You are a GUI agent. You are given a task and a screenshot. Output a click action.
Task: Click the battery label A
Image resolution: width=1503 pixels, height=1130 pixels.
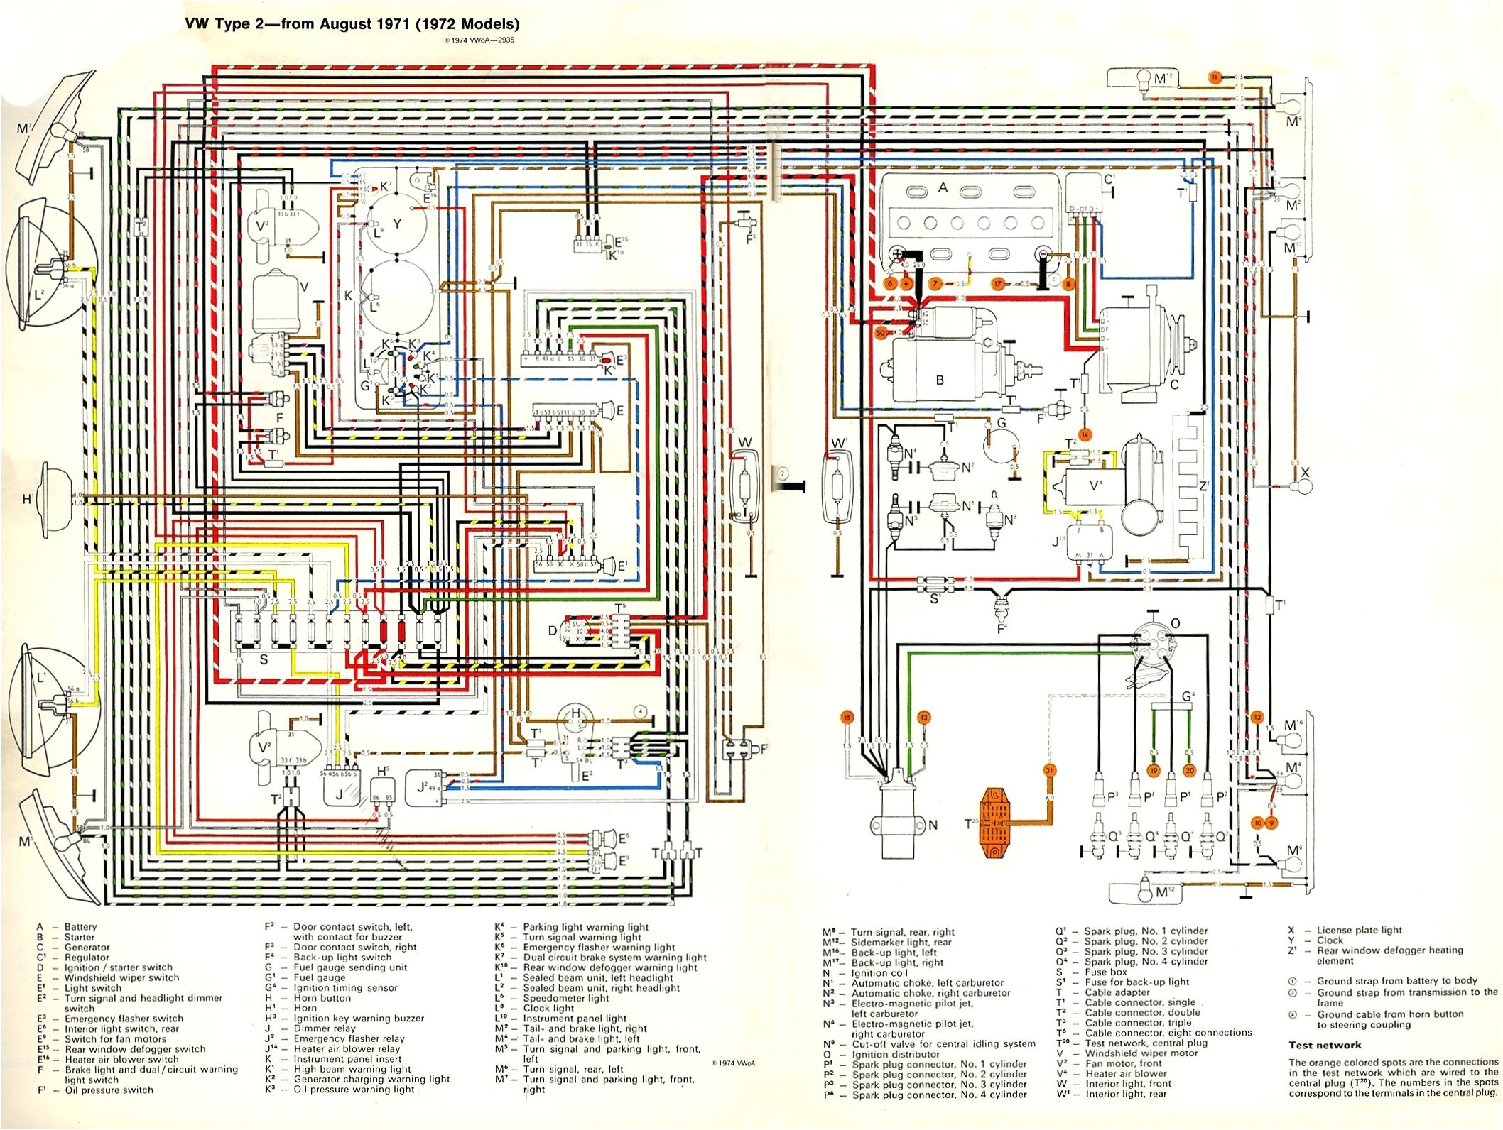pyautogui.click(x=943, y=187)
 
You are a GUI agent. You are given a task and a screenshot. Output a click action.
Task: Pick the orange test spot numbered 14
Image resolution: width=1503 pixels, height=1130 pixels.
pyautogui.click(x=1085, y=434)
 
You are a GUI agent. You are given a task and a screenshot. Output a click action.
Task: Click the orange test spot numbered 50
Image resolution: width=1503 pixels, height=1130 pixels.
pyautogui.click(x=881, y=332)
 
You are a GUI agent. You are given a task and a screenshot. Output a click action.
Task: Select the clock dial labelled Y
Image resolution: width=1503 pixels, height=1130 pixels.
pyautogui.click(x=396, y=224)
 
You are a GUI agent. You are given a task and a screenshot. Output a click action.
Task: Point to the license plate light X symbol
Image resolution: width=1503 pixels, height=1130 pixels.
pyautogui.click(x=1304, y=486)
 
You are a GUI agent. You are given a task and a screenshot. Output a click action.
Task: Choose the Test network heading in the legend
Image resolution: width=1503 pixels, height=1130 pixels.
pyautogui.click(x=1325, y=1045)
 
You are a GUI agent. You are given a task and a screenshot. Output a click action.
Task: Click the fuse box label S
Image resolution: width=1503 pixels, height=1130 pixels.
pyautogui.click(x=264, y=659)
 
